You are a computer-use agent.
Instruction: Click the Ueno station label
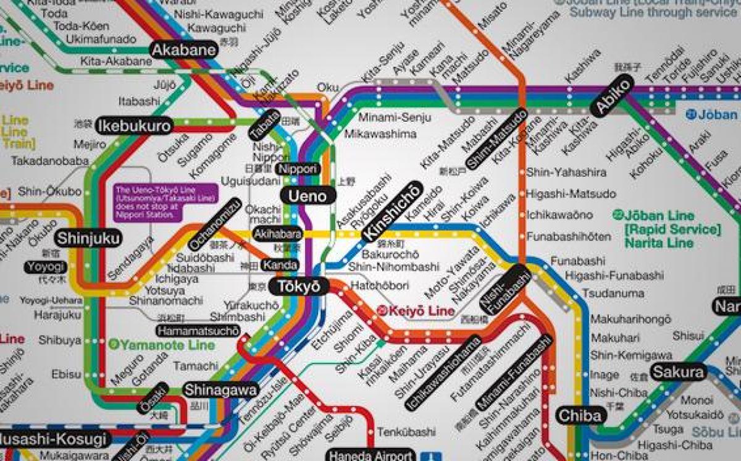308,196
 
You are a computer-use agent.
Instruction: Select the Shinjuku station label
88,238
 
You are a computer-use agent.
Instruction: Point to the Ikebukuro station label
134,126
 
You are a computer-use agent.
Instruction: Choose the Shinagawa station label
220,391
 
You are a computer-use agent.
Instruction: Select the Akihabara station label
277,234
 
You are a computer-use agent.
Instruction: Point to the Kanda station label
280,266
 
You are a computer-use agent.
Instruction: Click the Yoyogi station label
46,267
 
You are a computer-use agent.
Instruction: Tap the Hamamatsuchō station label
198,331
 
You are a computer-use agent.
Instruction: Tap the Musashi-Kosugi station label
54,440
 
